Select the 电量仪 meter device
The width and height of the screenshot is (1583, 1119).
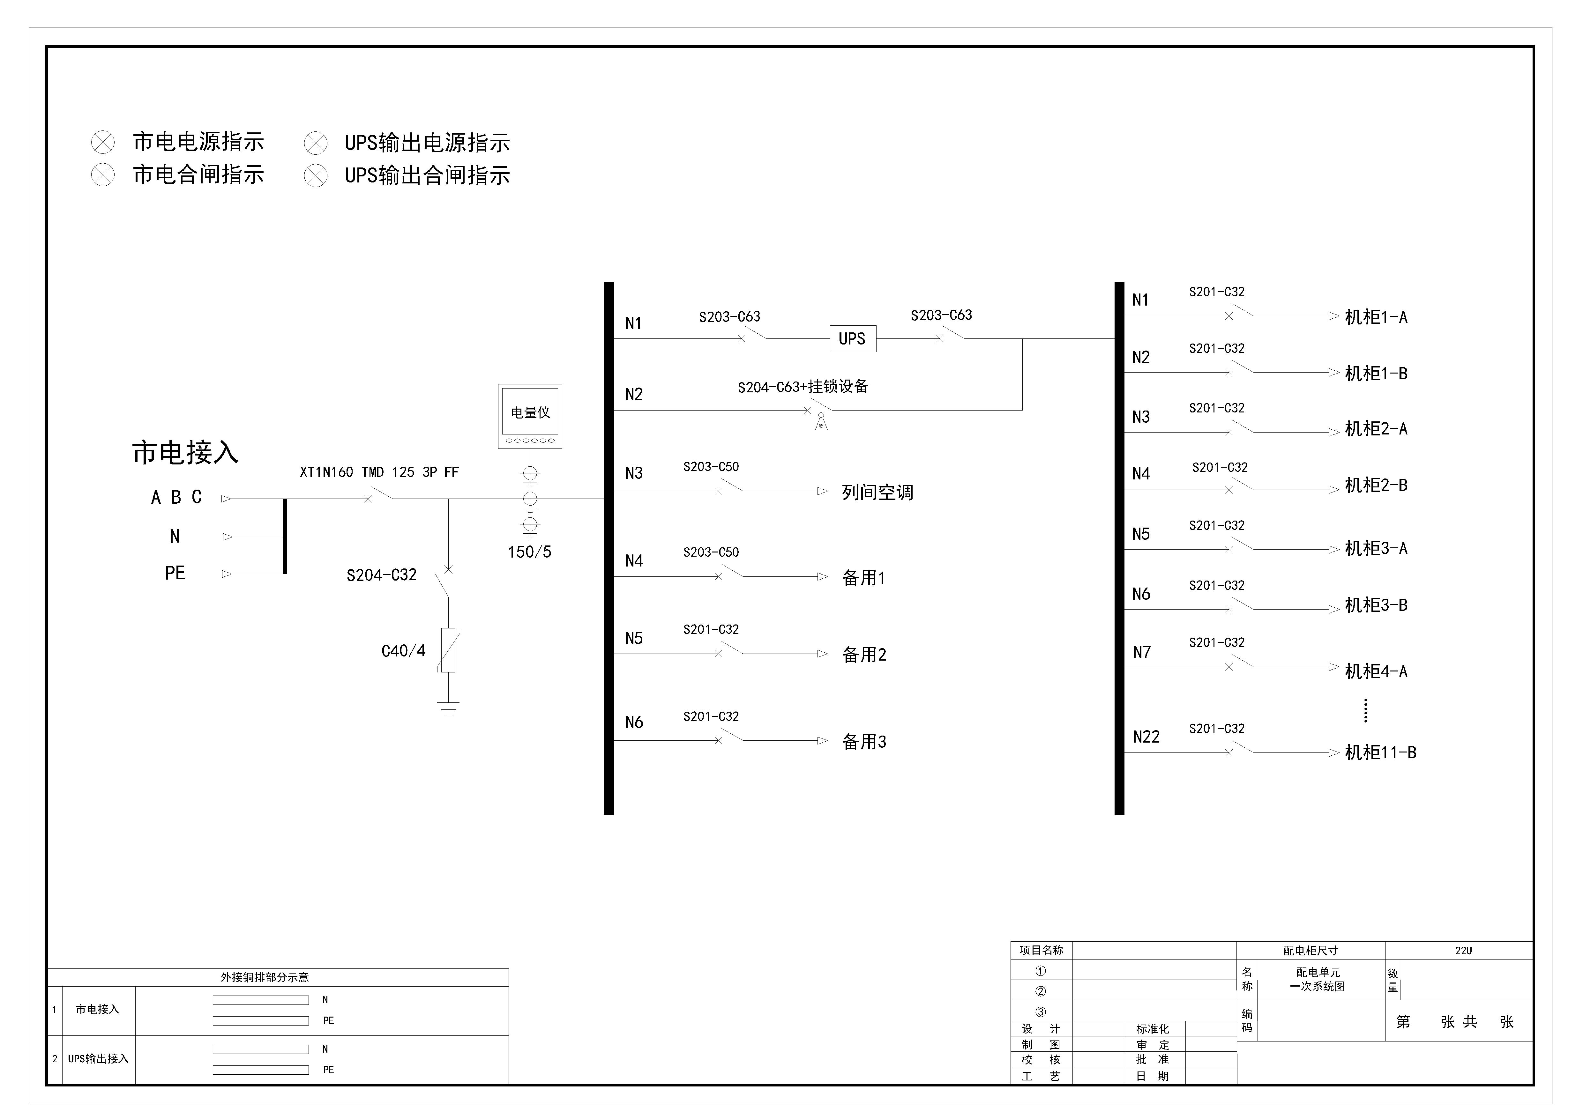point(530,416)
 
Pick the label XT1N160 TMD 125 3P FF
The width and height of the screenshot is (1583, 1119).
point(379,472)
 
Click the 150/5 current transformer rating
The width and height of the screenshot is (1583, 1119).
point(529,552)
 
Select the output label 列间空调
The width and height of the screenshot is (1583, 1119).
point(878,492)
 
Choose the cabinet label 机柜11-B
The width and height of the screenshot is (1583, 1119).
point(1380,752)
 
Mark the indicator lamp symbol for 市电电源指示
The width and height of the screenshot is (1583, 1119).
point(103,143)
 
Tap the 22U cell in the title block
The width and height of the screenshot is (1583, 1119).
point(1463,950)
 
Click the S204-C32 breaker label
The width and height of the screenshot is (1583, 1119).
point(381,575)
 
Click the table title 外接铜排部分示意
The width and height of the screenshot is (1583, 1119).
point(265,977)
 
